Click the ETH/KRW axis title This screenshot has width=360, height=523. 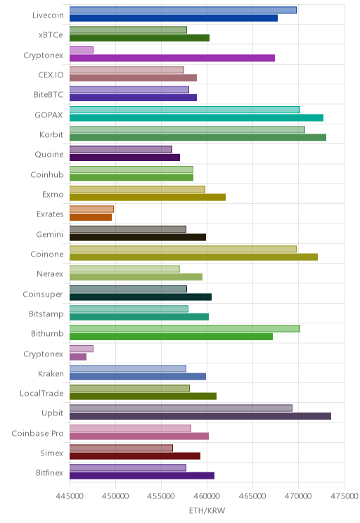[207, 510]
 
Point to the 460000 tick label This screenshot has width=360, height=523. [207, 496]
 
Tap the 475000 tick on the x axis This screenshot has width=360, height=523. [345, 496]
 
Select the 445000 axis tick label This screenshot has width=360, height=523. [70, 496]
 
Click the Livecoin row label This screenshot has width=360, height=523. [48, 15]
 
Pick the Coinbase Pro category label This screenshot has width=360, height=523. [37, 433]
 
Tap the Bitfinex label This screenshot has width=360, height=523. [49, 472]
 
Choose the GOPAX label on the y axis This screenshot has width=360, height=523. [49, 115]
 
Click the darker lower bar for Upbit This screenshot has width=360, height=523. [200, 416]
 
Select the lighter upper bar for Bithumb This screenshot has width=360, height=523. [185, 329]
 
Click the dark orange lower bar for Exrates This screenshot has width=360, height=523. [91, 217]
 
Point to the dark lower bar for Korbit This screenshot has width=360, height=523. [198, 137]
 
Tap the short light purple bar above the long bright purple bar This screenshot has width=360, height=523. [82, 50]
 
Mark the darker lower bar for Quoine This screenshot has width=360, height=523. [124, 157]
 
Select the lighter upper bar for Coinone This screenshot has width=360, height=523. [183, 249]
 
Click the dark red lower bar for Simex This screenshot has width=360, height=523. [135, 456]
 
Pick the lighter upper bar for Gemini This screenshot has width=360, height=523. [128, 229]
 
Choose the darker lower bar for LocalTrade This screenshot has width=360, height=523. [143, 396]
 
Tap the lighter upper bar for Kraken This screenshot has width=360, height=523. [128, 368]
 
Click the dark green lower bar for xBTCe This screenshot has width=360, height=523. [139, 38]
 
